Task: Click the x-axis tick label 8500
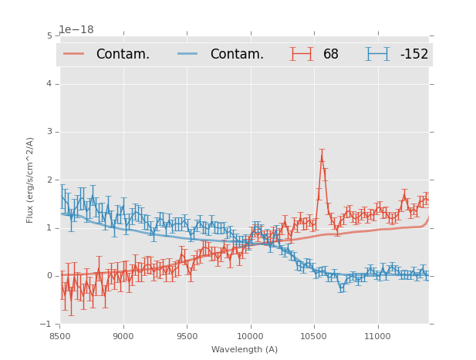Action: tap(59, 336)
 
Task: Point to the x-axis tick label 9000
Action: tap(123, 336)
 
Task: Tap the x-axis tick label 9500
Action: tap(187, 336)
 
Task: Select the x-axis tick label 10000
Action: tap(250, 336)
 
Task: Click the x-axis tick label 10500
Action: tap(314, 336)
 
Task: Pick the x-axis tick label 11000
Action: tap(377, 336)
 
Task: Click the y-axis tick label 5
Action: tap(49, 35)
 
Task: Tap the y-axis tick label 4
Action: tap(49, 83)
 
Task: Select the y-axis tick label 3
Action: tap(49, 132)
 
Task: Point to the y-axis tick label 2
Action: tap(49, 180)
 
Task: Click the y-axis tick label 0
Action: tap(49, 276)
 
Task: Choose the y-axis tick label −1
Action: tap(47, 324)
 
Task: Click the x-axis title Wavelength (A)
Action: tap(245, 349)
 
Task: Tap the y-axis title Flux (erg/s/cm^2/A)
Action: tap(31, 180)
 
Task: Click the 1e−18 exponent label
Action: tap(76, 30)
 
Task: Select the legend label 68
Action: tap(331, 55)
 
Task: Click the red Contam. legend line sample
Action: tap(74, 54)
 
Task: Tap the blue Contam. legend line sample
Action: tap(188, 54)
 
